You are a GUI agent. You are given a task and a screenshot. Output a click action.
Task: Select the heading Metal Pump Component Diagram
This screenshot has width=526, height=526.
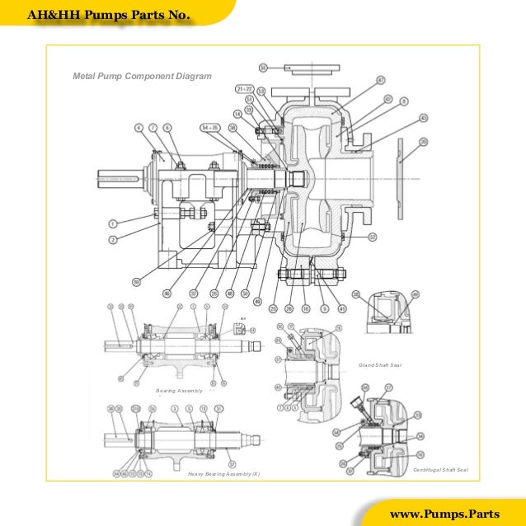(x=142, y=76)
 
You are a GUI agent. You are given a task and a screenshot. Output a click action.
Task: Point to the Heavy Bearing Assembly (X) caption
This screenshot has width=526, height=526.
(x=223, y=475)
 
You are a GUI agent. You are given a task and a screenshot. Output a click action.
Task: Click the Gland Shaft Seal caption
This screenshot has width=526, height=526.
(x=379, y=364)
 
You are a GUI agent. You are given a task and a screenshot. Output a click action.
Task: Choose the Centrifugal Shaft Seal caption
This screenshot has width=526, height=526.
(x=439, y=469)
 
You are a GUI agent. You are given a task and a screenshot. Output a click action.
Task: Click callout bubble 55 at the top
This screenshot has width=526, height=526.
(x=263, y=67)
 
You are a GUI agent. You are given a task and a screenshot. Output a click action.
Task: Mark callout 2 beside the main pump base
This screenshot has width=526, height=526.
(x=113, y=239)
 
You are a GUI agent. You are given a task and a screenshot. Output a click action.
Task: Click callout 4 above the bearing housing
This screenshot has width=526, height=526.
(x=139, y=127)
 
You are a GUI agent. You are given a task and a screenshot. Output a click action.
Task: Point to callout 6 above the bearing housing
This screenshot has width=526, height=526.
(x=167, y=127)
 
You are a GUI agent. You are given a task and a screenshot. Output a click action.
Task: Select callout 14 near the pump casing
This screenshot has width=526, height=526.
(x=237, y=113)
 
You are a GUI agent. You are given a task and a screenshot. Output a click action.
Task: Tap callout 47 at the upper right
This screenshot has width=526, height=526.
(x=381, y=79)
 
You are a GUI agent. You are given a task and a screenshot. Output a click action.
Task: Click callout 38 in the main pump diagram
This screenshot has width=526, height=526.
(x=232, y=128)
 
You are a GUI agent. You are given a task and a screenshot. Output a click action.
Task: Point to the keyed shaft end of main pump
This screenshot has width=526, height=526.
(x=114, y=177)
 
